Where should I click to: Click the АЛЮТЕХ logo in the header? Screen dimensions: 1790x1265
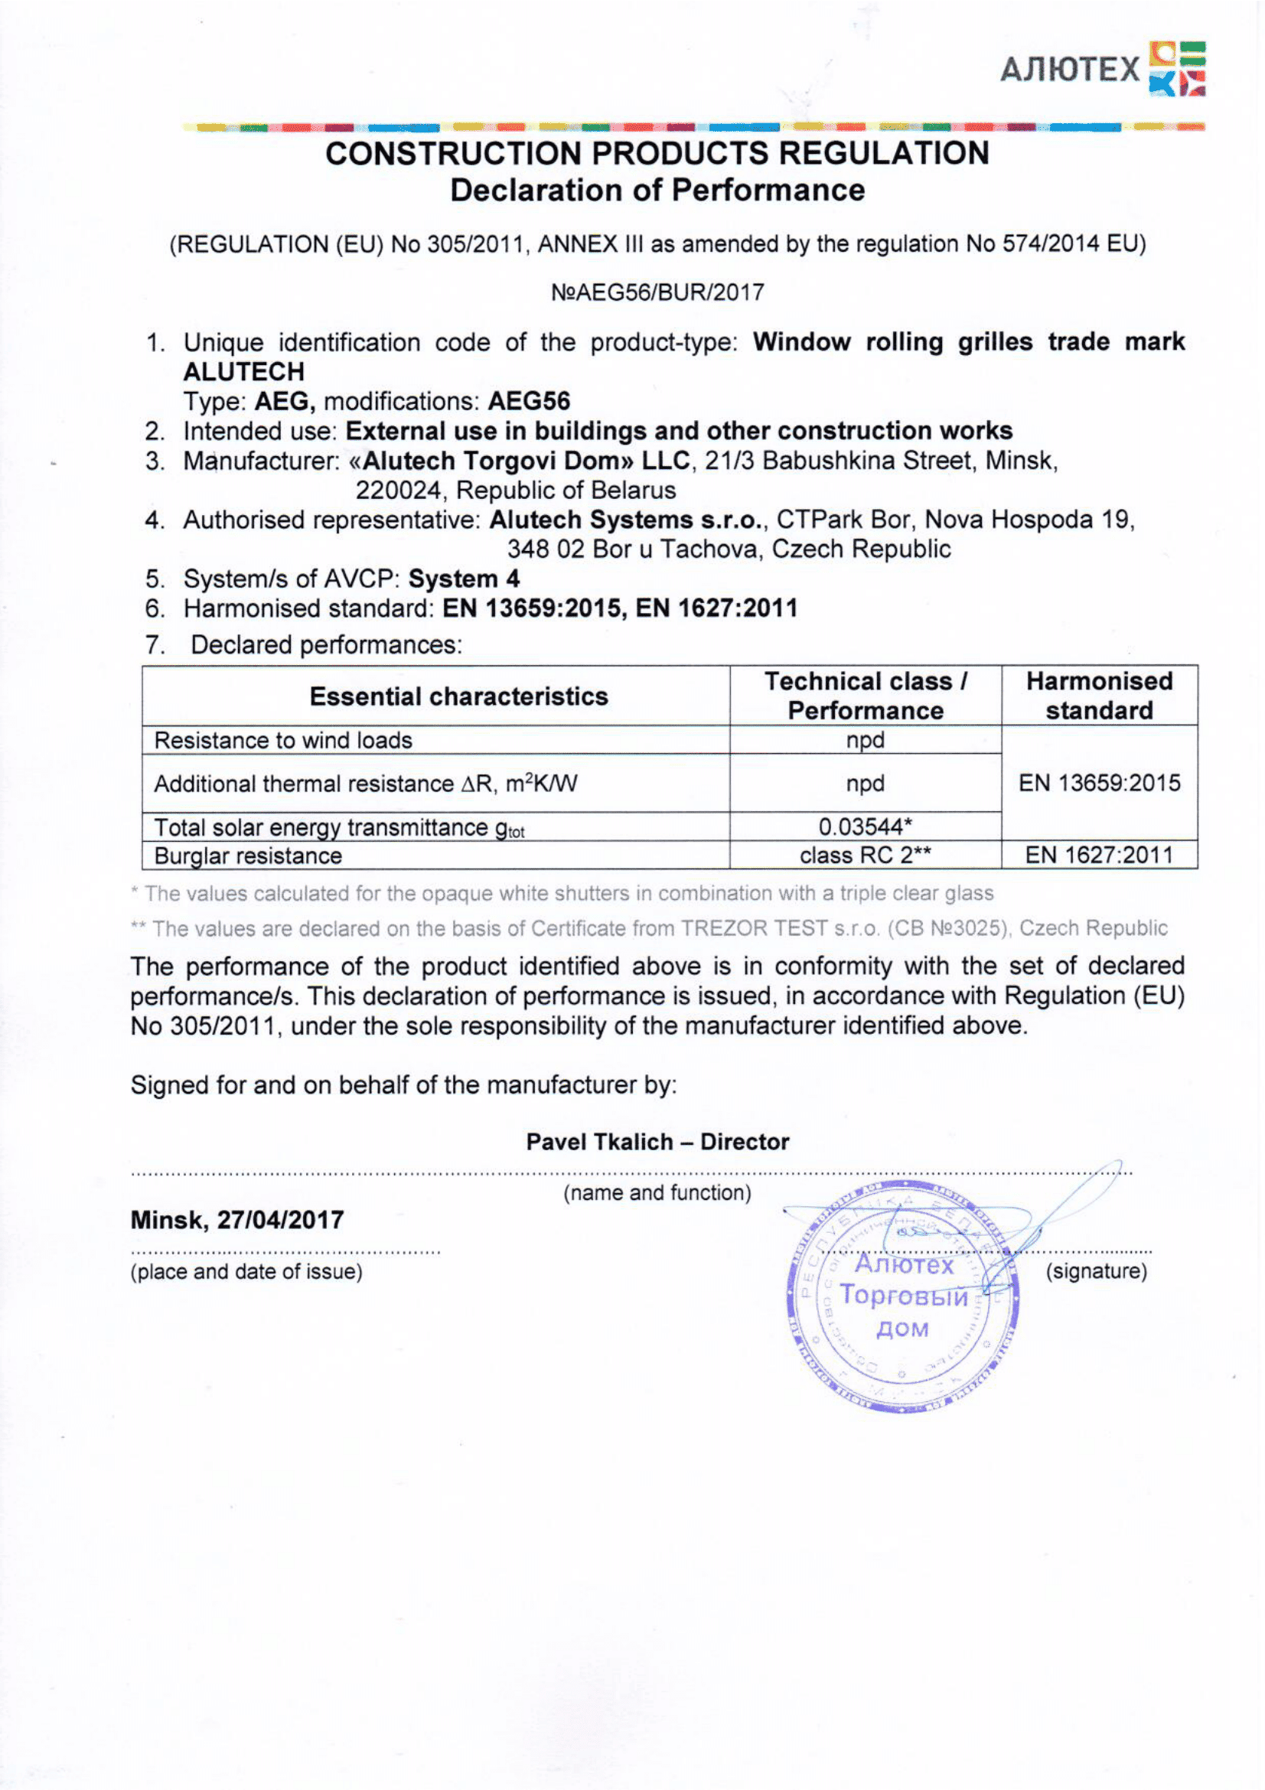pyautogui.click(x=1102, y=70)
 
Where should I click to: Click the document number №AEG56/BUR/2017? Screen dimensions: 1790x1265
pyautogui.click(x=657, y=292)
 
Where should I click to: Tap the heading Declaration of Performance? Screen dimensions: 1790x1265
pyautogui.click(x=657, y=191)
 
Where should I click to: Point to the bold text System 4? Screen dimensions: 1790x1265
pyautogui.click(x=464, y=579)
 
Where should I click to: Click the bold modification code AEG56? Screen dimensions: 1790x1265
pyautogui.click(x=530, y=402)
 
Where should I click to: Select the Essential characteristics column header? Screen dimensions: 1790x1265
pyautogui.click(x=458, y=696)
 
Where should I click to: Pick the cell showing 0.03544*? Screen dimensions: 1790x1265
pyautogui.click(x=866, y=826)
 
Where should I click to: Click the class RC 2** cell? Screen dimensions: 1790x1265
pyautogui.click(x=866, y=856)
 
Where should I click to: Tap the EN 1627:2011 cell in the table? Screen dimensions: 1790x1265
pyautogui.click(x=1099, y=856)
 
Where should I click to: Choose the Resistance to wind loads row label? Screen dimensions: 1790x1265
pyautogui.click(x=283, y=740)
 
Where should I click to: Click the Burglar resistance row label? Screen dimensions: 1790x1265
pyautogui.click(x=248, y=856)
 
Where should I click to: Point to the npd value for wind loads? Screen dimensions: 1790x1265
pyautogui.click(x=866, y=740)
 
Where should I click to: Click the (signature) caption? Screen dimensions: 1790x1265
pyautogui.click(x=1096, y=1271)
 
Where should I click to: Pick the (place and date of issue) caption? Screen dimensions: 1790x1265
pyautogui.click(x=246, y=1272)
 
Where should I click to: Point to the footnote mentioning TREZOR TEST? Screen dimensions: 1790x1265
pyautogui.click(x=648, y=928)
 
